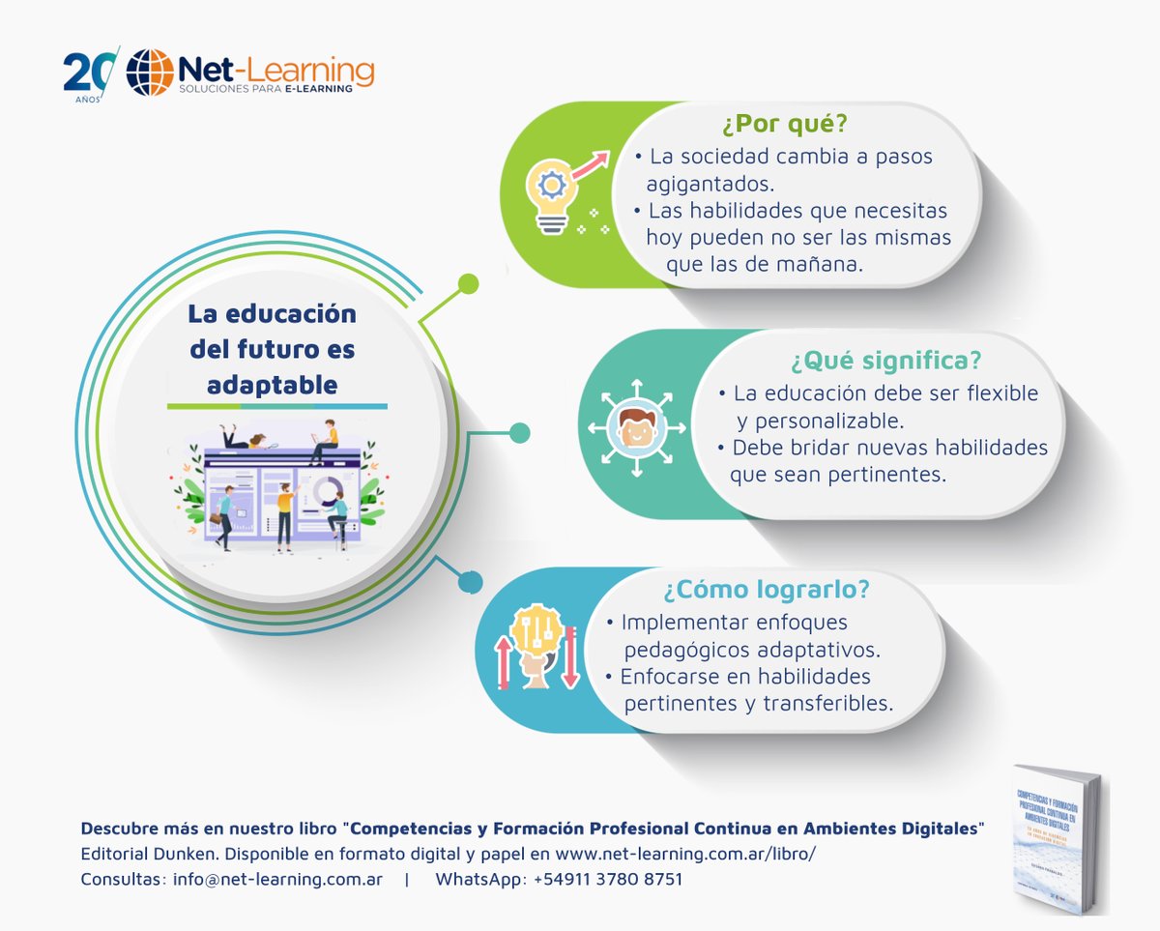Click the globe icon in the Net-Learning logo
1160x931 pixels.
[x=149, y=73]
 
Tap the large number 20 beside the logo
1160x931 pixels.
[x=88, y=72]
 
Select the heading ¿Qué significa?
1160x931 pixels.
[x=885, y=361]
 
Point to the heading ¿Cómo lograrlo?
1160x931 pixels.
[x=766, y=589]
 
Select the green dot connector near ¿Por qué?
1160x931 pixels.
[x=468, y=284]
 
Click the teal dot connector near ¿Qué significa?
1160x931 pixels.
[x=519, y=432]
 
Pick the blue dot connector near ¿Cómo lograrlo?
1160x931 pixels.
[x=470, y=582]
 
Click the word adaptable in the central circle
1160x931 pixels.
[x=272, y=384]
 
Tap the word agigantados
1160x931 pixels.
[x=711, y=184]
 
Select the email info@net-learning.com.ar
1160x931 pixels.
[x=277, y=880]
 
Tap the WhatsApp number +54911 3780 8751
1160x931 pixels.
[x=607, y=880]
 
